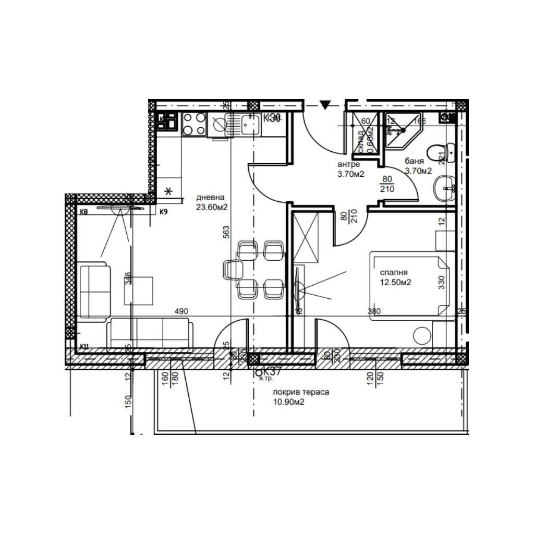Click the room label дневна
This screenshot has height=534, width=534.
point(210,198)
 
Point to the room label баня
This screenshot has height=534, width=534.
point(414,161)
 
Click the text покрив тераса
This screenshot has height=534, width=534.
point(300,393)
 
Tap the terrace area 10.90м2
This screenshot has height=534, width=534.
point(288,402)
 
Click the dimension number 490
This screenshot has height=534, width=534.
point(181,311)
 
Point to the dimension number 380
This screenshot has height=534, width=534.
point(374,311)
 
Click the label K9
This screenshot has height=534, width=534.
point(163,212)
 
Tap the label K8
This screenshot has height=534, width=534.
point(83,212)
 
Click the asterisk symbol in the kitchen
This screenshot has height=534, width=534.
point(168,190)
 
